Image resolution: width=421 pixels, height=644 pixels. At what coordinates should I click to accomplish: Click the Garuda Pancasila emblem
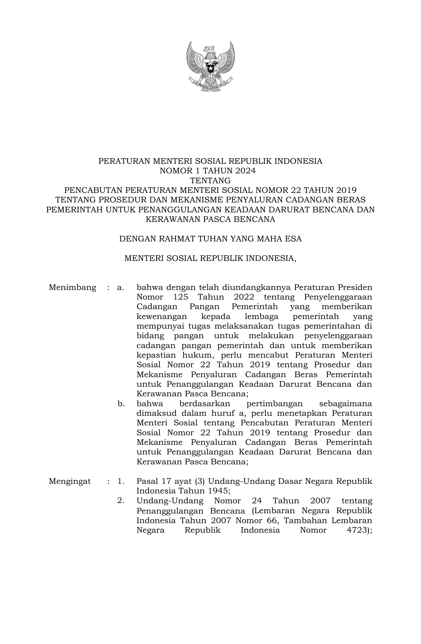tap(210, 66)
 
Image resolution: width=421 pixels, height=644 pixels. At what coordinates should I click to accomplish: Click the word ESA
tap(293, 238)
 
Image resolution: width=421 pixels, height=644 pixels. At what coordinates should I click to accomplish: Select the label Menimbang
tap(72, 287)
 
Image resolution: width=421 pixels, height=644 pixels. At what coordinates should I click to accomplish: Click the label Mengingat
tap(70, 481)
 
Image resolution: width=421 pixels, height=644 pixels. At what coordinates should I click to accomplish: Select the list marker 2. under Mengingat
tap(121, 501)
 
